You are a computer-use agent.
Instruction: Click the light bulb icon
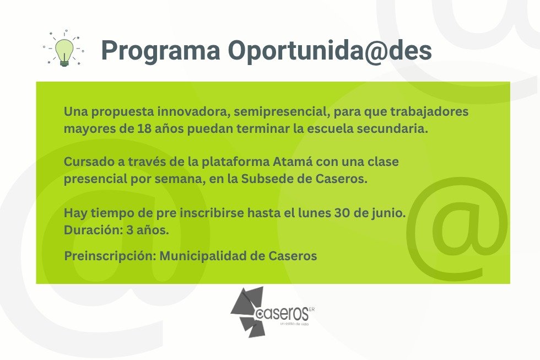[64, 48]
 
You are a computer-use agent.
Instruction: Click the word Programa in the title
[160, 51]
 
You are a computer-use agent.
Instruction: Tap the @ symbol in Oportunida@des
[375, 51]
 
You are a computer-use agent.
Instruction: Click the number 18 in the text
[144, 128]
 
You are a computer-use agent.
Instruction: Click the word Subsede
[267, 179]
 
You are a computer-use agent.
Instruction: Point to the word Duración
[93, 230]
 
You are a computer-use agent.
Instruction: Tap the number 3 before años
[130, 230]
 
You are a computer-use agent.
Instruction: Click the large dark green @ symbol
[457, 229]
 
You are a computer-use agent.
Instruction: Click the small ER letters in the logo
[312, 309]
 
